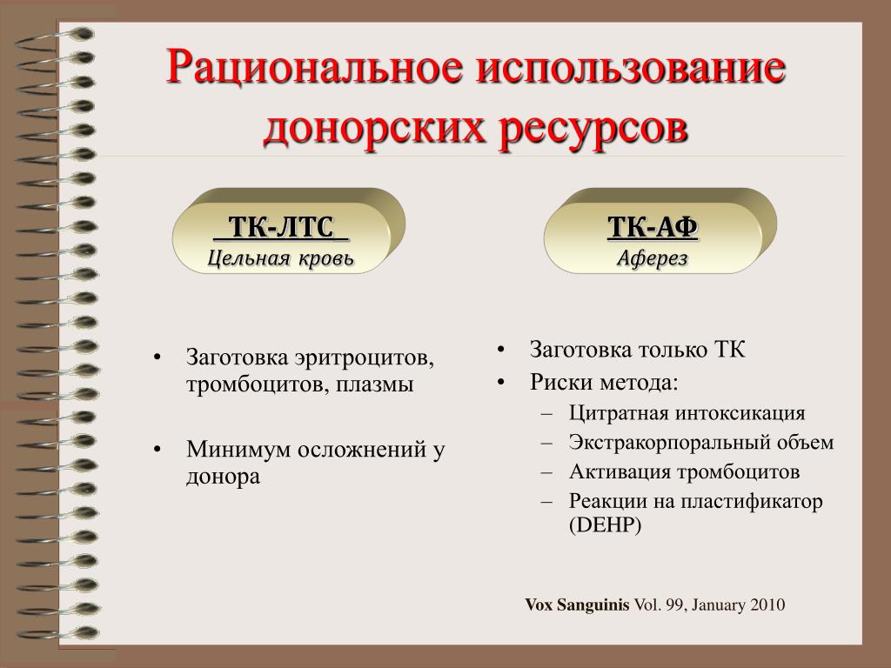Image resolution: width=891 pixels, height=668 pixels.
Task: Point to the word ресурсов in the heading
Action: pos(593,130)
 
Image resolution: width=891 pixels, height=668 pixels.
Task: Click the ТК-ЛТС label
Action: pos(281,227)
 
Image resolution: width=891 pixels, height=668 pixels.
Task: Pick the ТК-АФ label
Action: pos(653,227)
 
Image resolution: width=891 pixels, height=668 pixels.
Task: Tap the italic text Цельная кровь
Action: pos(281,258)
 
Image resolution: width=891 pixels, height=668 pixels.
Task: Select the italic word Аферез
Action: pos(653,258)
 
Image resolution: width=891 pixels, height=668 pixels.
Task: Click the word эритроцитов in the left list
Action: pos(365,358)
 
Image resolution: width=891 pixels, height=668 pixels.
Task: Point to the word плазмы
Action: pos(374,385)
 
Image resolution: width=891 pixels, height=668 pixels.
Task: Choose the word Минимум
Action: pos(238,450)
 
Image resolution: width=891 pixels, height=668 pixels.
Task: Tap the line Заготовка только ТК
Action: pos(637,350)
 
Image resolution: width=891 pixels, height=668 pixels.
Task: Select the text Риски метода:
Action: pos(604,383)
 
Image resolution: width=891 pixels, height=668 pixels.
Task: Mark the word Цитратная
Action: pos(619,413)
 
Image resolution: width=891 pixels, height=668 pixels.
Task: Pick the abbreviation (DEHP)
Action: pos(606,524)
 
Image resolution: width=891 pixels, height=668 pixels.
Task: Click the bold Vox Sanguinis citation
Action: pos(577,605)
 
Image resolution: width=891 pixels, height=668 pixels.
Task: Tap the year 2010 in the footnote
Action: pos(767,605)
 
